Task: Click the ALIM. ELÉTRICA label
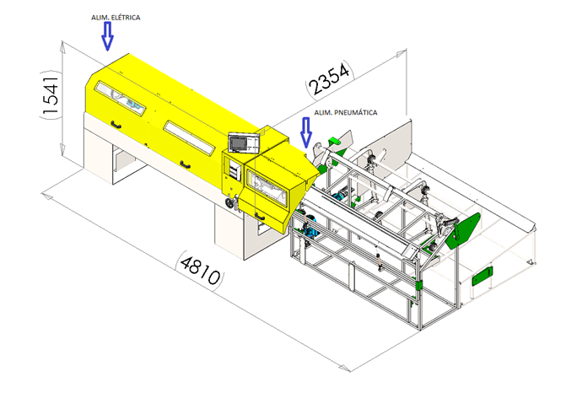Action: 116,18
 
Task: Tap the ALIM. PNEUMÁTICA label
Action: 346,113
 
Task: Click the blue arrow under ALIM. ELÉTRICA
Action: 107,36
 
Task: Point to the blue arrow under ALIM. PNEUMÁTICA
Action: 306,132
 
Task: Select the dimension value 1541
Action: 50,95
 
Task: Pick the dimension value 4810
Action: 200,270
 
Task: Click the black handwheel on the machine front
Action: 229,203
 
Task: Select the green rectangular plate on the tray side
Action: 482,276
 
